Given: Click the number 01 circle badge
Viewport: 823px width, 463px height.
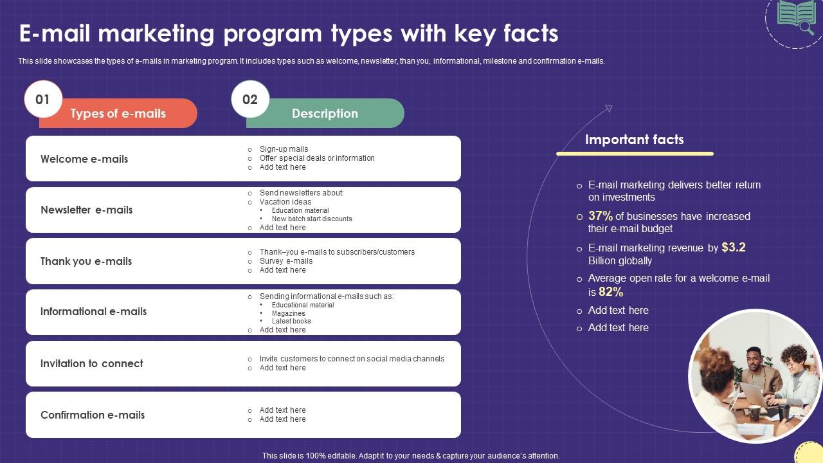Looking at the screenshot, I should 43,99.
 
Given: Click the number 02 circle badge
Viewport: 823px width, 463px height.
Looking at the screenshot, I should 250,99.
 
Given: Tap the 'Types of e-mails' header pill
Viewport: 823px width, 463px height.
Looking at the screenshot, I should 118,113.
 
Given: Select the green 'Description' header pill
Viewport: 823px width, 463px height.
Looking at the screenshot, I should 325,113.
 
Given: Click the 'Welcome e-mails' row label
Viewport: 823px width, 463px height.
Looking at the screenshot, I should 84,159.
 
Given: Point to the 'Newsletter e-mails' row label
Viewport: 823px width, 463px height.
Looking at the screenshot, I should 86,210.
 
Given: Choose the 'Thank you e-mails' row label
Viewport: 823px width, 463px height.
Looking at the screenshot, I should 86,261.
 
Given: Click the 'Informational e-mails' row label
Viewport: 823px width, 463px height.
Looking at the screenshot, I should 93,311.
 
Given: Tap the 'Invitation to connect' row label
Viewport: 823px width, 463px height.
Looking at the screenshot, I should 91,363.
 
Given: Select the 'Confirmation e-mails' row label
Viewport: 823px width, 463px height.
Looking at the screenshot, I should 93,415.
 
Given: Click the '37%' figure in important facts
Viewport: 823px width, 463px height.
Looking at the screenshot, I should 601,216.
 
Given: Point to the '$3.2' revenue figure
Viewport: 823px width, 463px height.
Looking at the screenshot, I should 734,247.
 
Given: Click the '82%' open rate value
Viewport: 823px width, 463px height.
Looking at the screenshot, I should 611,292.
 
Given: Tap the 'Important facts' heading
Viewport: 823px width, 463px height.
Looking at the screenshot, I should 634,140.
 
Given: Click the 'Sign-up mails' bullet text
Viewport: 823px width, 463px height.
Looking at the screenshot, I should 284,149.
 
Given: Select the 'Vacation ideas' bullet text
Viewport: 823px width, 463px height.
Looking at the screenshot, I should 285,202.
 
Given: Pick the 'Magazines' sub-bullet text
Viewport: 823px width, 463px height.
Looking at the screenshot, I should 288,313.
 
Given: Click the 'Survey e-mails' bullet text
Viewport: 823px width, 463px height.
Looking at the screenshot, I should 286,261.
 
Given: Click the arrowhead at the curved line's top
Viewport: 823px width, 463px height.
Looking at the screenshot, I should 608,109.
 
